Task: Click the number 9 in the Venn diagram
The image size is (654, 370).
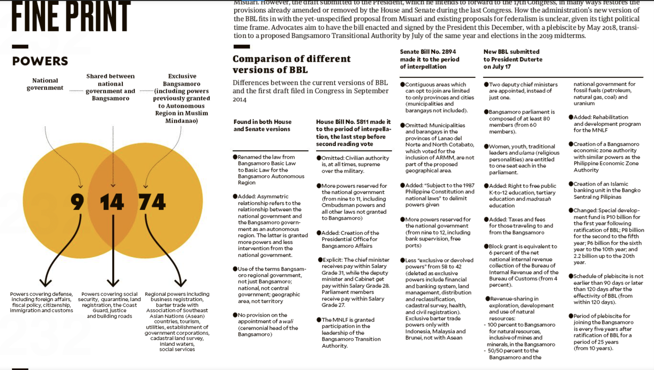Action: [77, 202]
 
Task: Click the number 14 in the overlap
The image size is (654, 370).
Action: [112, 202]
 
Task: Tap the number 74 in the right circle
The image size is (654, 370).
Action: [152, 202]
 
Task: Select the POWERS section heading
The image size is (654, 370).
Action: [40, 61]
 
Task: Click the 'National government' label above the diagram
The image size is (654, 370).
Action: [45, 84]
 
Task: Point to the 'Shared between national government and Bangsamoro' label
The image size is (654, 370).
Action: [110, 87]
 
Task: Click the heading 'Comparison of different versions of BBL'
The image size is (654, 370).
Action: [291, 64]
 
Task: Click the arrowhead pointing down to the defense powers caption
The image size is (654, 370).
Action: [45, 283]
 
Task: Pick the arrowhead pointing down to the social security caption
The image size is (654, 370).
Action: [113, 283]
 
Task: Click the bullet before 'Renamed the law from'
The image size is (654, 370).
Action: [235, 157]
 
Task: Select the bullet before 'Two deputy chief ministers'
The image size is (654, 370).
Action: [486, 84]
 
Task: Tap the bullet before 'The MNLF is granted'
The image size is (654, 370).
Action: [319, 320]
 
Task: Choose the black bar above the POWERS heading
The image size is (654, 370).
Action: [20, 46]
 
